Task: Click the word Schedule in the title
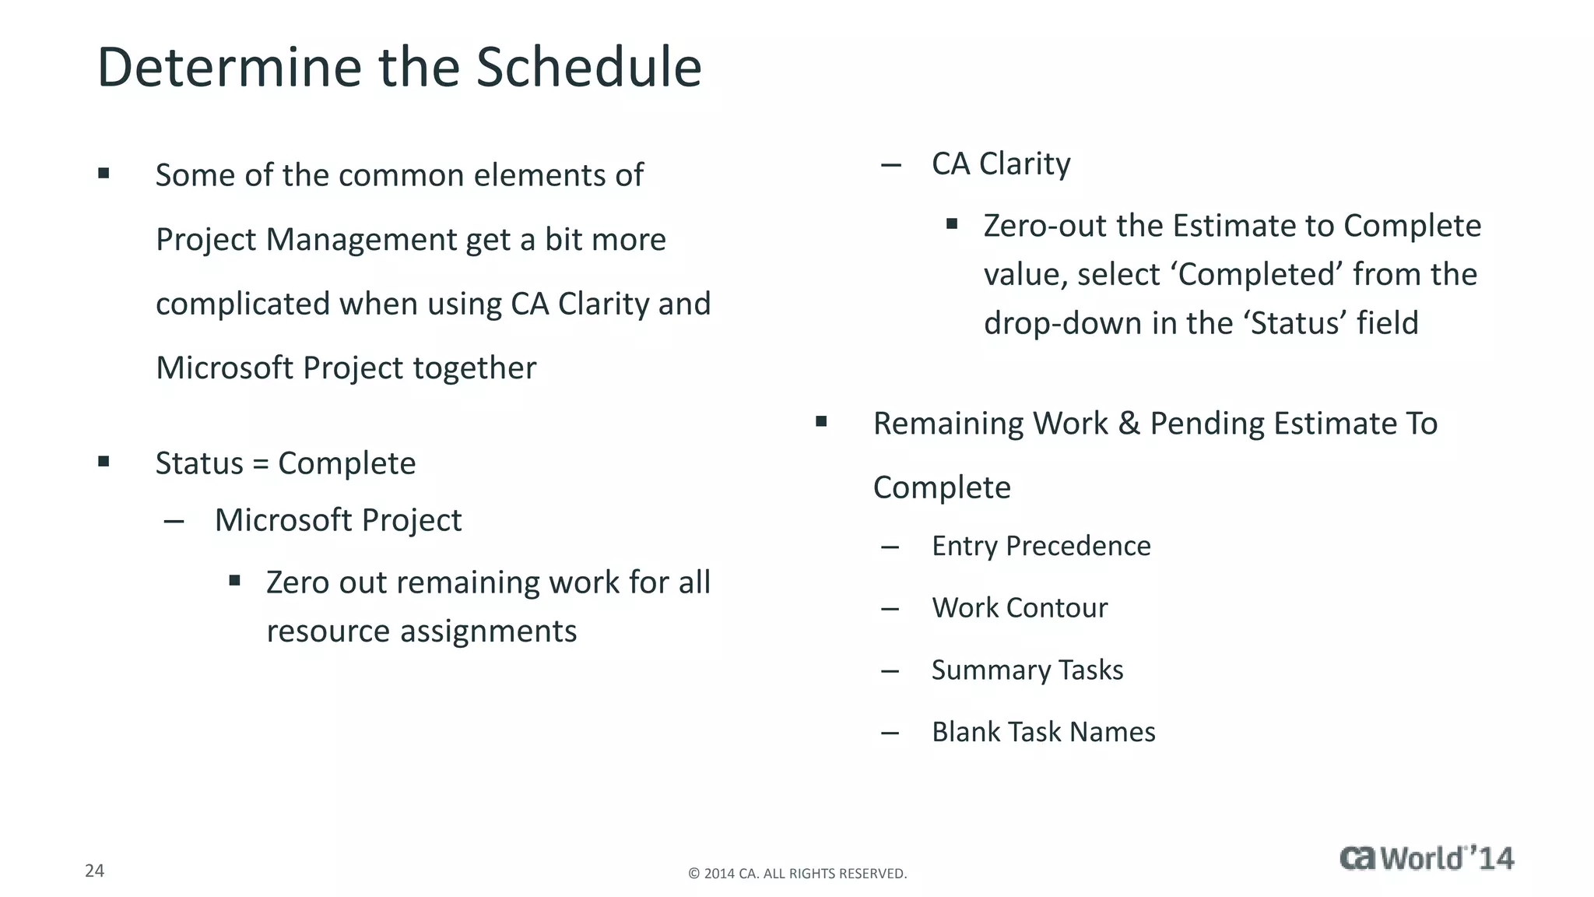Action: pos(588,67)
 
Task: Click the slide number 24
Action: pos(94,871)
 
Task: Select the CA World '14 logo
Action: pos(1427,858)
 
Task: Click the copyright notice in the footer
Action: pos(797,874)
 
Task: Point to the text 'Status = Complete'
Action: pos(286,463)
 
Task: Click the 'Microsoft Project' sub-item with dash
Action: pos(338,520)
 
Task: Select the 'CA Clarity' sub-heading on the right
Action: pos(1001,164)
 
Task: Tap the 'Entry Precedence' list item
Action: pos(1041,546)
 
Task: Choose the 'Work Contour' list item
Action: pos(1020,608)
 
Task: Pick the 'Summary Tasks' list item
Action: pos(1027,670)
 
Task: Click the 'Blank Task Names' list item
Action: pos(1043,732)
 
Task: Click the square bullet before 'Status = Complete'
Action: pos(104,462)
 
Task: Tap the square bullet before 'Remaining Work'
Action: pos(821,422)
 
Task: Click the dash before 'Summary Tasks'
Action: pos(890,671)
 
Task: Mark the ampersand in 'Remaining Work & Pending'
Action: pos(1129,424)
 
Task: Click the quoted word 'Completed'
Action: pos(1257,275)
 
